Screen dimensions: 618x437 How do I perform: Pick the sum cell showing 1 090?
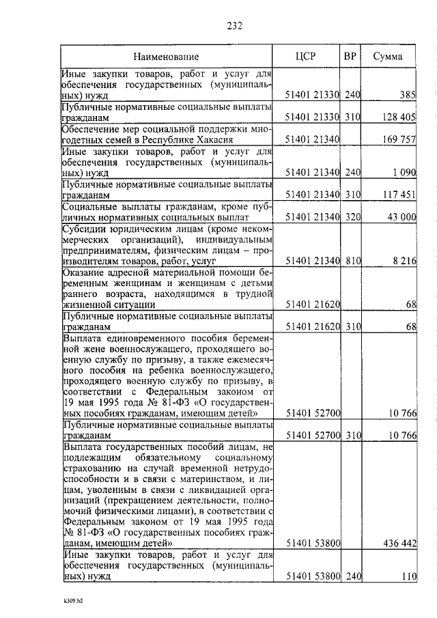pyautogui.click(x=403, y=174)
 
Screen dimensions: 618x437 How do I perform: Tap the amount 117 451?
pyautogui.click(x=399, y=195)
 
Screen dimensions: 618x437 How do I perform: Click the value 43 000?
pyautogui.click(x=401, y=217)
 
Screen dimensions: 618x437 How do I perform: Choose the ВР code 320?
pyautogui.click(x=352, y=217)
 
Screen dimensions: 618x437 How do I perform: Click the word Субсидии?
pyautogui.click(x=84, y=229)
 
